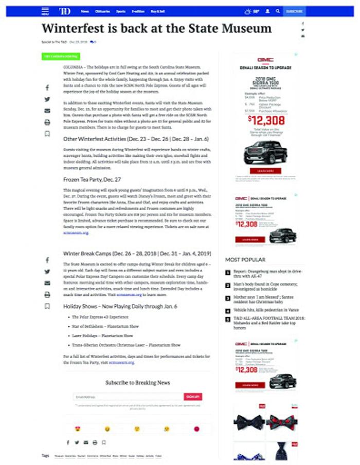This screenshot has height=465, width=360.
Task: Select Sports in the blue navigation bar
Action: tap(120, 11)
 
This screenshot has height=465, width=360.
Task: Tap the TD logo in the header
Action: tap(65, 11)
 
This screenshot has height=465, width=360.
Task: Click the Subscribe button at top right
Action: tap(294, 11)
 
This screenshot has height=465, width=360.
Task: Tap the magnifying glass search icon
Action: tap(278, 11)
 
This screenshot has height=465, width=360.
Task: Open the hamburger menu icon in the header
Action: tap(45, 11)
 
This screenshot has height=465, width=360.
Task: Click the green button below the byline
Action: tap(60, 56)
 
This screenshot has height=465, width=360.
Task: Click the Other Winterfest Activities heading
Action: tap(136, 139)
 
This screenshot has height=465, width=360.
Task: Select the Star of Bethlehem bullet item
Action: tap(105, 326)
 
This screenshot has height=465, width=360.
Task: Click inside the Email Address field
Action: tap(128, 397)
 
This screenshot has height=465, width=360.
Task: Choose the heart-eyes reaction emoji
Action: tap(78, 429)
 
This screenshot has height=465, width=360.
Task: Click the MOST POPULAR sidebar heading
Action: tap(245, 260)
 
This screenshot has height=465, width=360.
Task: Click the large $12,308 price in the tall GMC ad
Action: tap(262, 120)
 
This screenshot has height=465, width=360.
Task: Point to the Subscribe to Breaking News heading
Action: tap(137, 383)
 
